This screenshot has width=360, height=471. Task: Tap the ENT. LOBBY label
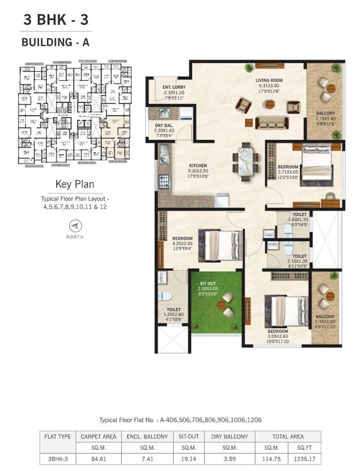click(174, 88)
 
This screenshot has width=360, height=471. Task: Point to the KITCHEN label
click(198, 166)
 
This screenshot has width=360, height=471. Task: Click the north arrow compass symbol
click(75, 225)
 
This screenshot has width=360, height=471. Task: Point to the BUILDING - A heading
click(55, 42)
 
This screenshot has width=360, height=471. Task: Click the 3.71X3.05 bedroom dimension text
click(288, 172)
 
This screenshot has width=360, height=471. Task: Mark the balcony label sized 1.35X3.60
click(325, 316)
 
